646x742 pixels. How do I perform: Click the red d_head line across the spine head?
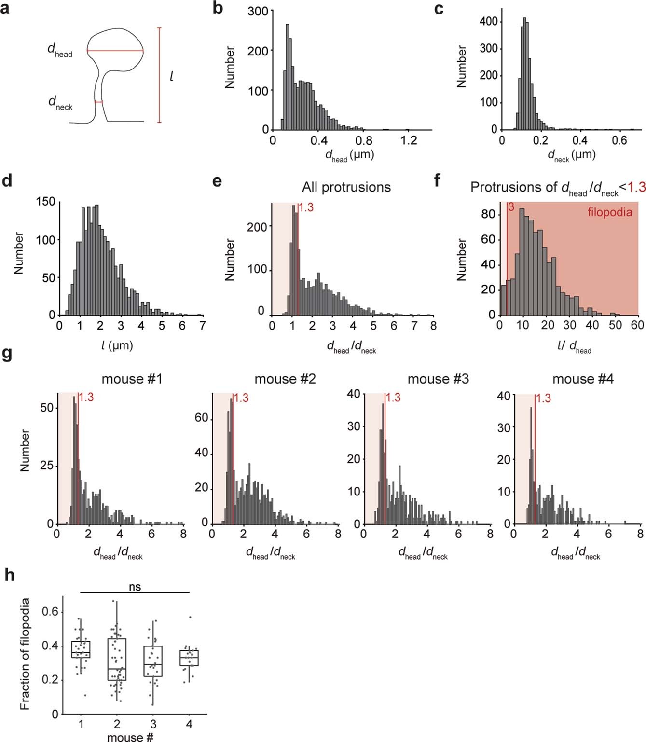coord(115,51)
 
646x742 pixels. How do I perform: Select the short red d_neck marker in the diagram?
coord(98,102)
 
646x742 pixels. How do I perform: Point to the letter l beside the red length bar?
coord(171,76)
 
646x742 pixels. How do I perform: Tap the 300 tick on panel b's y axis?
coord(258,11)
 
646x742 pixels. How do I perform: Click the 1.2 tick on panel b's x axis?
coord(409,140)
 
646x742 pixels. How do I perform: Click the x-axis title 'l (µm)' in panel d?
coord(117,345)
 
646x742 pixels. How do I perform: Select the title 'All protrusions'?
coord(346,187)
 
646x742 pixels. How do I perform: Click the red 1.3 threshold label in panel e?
coord(306,208)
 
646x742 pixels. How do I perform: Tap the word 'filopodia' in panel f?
coord(609,212)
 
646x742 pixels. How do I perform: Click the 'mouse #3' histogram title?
coord(438,379)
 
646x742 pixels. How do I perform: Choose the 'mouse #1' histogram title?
coord(132,379)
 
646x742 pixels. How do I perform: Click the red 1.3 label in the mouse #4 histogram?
coord(543,398)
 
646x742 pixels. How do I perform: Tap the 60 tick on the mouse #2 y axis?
coord(201,418)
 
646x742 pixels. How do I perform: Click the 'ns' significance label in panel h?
coord(135,587)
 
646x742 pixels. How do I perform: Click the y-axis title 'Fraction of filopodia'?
coord(25,654)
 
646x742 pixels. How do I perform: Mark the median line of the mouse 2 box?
coord(117,669)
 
